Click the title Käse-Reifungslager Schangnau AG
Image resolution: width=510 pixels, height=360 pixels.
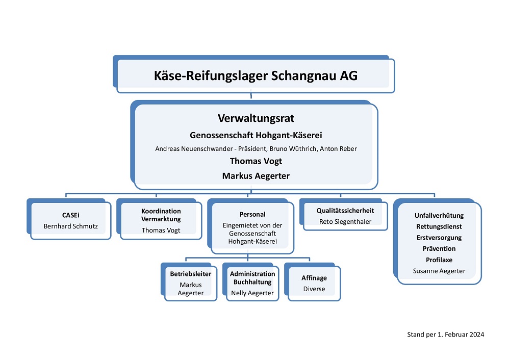[x=256, y=75]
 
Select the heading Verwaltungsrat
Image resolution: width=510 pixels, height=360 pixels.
[x=256, y=118]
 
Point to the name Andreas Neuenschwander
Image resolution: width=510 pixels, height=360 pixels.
[x=194, y=148]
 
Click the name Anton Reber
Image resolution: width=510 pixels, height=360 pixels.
[x=338, y=148]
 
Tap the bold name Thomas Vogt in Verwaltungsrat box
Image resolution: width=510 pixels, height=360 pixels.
[x=256, y=161]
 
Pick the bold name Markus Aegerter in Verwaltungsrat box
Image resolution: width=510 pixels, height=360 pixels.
[x=256, y=176]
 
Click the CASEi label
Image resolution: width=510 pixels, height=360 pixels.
[x=70, y=215]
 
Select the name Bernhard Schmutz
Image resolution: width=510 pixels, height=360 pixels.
[x=70, y=226]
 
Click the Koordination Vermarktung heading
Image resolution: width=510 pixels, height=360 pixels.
[x=161, y=215]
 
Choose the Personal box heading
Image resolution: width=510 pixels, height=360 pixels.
[x=252, y=214]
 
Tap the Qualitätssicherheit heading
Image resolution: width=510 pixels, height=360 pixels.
[x=345, y=211]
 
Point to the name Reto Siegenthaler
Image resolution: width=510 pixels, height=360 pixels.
[x=345, y=222]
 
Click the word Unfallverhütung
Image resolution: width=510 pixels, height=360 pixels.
[x=439, y=215]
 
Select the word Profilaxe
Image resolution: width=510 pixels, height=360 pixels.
[x=439, y=260]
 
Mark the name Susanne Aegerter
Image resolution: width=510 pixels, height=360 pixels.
[x=439, y=271]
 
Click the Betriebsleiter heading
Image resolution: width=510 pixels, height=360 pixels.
[x=191, y=274]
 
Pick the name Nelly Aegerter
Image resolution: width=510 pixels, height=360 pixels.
[x=252, y=293]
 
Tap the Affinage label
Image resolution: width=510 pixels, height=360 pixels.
[x=314, y=278]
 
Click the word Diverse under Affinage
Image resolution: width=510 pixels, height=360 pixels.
[x=314, y=289]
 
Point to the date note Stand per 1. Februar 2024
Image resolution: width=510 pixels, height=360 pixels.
[x=446, y=335]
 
